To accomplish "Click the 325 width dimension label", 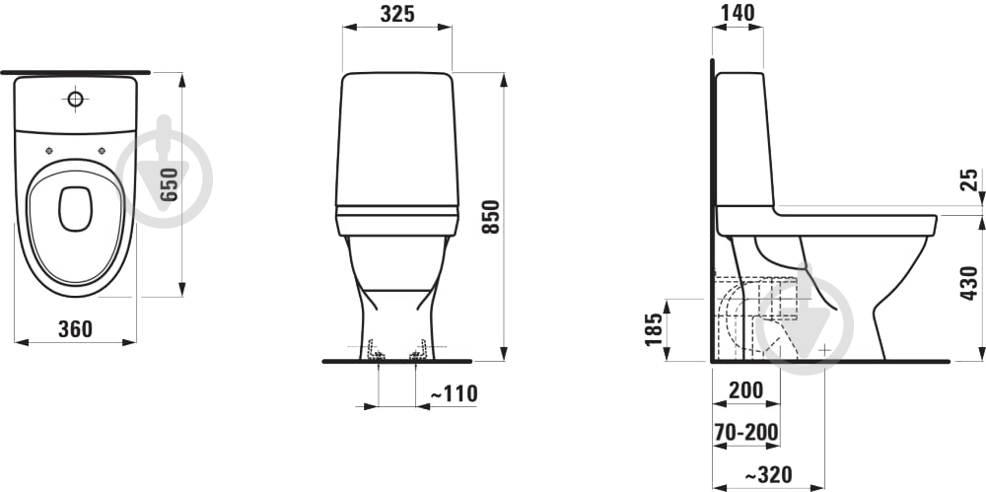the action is click(397, 14).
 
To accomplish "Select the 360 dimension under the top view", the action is click(75, 328).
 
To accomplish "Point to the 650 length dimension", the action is click(169, 184).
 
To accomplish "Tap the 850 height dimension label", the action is click(490, 217).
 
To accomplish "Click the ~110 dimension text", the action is click(454, 393).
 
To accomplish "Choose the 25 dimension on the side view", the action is click(971, 179).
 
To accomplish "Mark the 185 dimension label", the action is click(655, 329).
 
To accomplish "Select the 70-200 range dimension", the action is click(746, 432).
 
